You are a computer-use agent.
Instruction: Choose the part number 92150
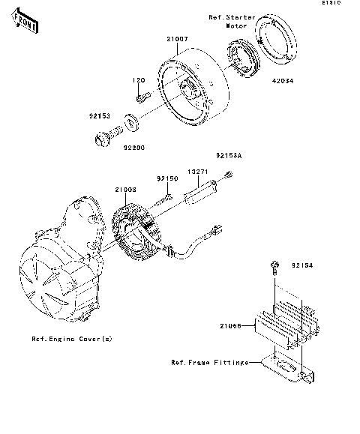pos(166,178)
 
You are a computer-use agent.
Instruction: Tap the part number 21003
pos(125,192)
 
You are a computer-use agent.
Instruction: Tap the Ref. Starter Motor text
pos(231,19)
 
